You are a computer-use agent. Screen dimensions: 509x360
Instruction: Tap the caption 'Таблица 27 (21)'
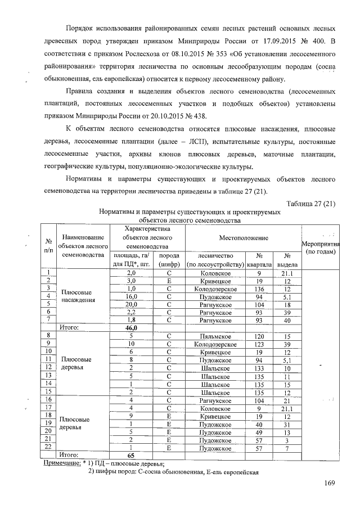pos(310,204)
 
